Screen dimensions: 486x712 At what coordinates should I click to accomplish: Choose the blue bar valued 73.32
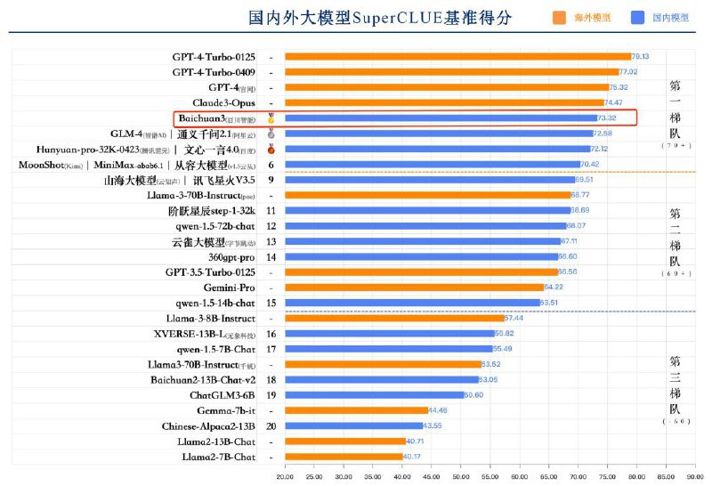tap(441, 117)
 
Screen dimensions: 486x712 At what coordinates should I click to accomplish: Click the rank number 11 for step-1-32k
tap(271, 210)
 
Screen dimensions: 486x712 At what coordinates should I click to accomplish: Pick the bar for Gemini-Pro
tap(414, 288)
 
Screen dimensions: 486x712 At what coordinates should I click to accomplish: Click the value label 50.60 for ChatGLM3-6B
tap(474, 395)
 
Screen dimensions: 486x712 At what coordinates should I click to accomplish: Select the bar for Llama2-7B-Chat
tap(344, 457)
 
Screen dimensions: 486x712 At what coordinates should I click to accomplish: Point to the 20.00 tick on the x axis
tap(285, 476)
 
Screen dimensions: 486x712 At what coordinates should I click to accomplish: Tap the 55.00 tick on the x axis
tap(489, 476)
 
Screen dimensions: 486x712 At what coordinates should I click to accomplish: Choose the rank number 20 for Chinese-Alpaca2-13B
tap(271, 426)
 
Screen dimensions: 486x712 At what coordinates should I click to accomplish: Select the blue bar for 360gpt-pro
tap(421, 256)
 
